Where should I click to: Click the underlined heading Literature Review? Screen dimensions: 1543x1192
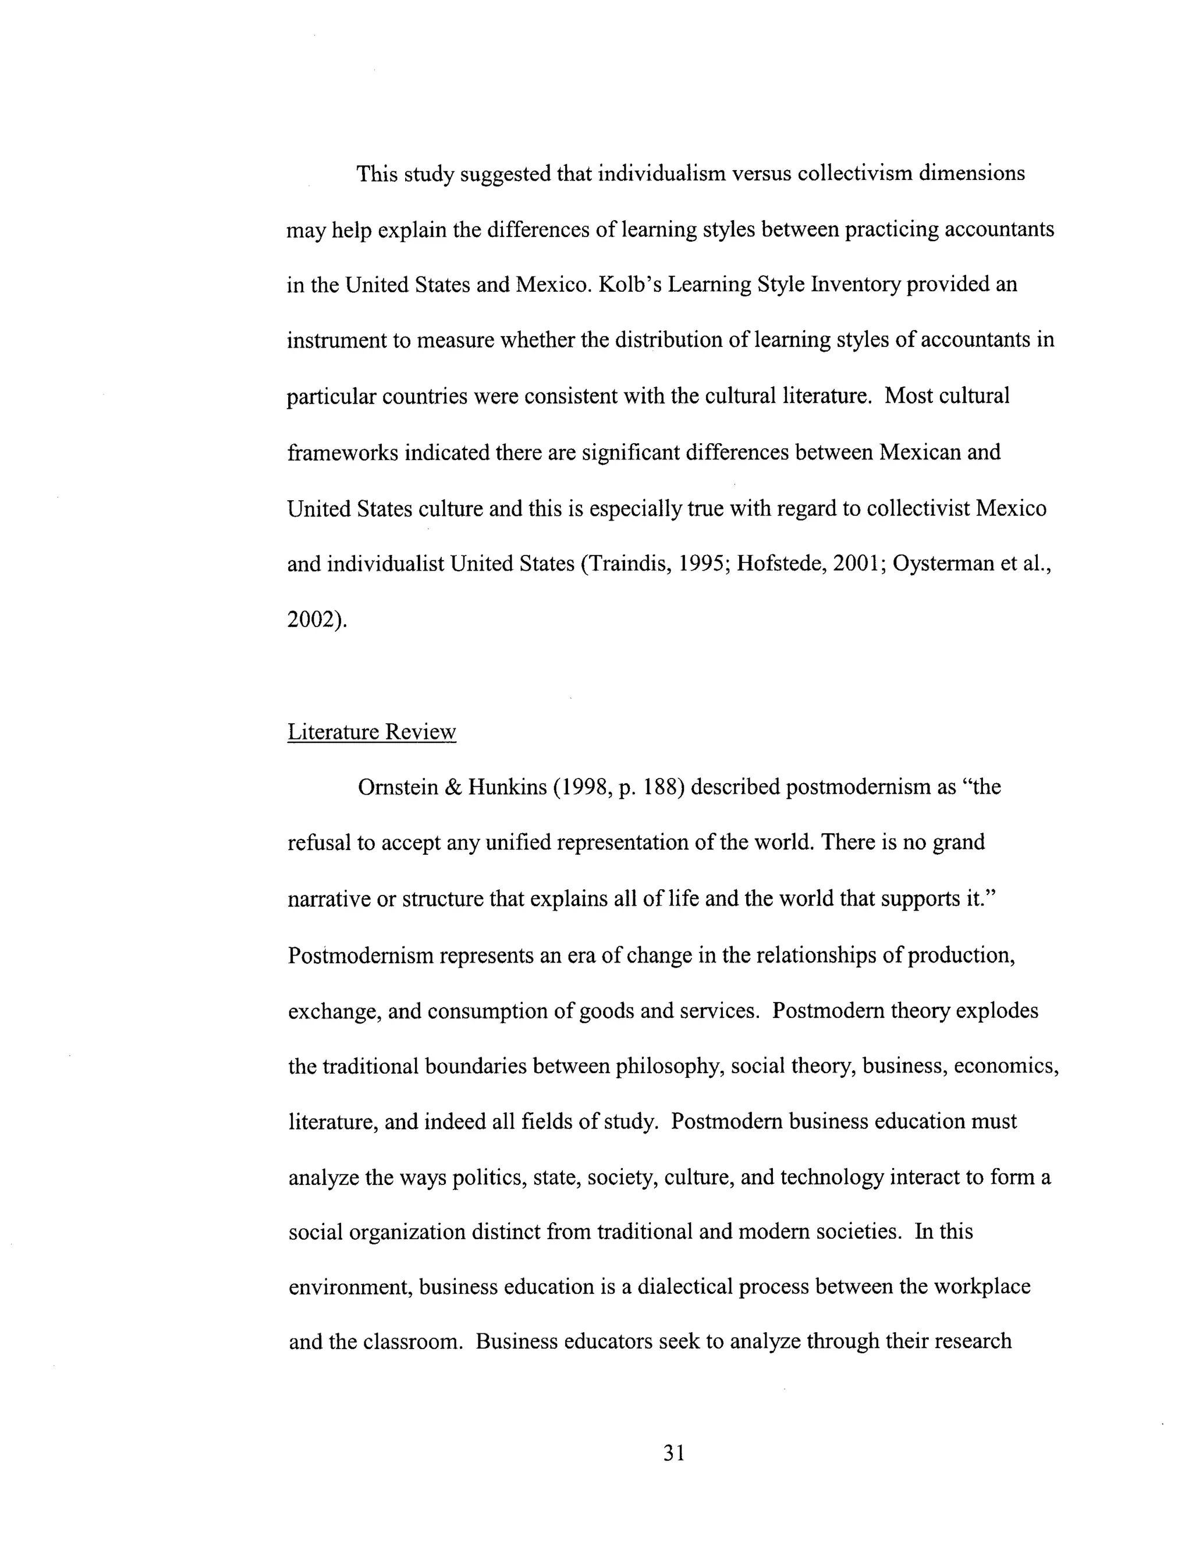coord(371,731)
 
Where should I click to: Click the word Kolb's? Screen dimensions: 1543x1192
coord(630,285)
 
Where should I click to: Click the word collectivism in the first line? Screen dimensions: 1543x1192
coord(854,174)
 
